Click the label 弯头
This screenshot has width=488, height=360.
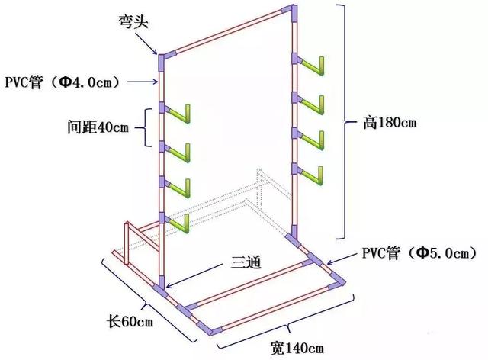(133, 22)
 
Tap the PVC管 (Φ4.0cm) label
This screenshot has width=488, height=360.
(63, 82)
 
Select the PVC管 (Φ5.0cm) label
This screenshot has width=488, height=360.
(419, 253)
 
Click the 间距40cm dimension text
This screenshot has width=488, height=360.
(98, 127)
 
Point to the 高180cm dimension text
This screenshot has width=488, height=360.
(390, 122)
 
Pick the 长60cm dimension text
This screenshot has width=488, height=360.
(130, 321)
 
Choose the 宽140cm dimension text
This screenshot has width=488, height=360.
(297, 348)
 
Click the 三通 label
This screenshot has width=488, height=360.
(246, 262)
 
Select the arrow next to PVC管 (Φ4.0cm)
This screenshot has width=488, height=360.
(143, 82)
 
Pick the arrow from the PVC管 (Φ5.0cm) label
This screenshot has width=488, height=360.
(342, 259)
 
